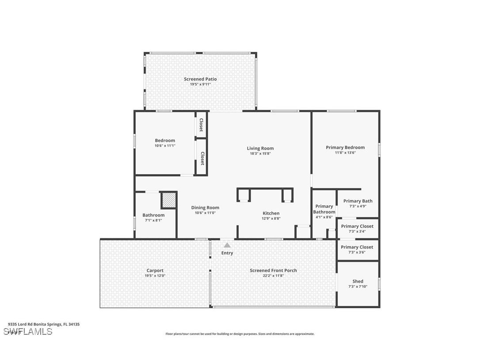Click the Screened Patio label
[x=200, y=79]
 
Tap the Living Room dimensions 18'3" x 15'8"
[x=260, y=154]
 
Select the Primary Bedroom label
[x=345, y=147]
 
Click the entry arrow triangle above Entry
[x=227, y=245]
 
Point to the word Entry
[x=227, y=253]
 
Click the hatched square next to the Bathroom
[x=168, y=200]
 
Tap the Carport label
[x=155, y=270]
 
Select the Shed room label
[x=358, y=281]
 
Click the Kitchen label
[x=271, y=213]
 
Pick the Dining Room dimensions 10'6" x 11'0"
[x=205, y=213]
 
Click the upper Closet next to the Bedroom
[x=201, y=125]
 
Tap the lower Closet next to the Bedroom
[x=202, y=158]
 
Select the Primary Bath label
[x=358, y=201]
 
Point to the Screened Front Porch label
[x=273, y=270]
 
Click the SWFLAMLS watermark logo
[x=28, y=331]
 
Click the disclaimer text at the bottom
[x=240, y=334]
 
